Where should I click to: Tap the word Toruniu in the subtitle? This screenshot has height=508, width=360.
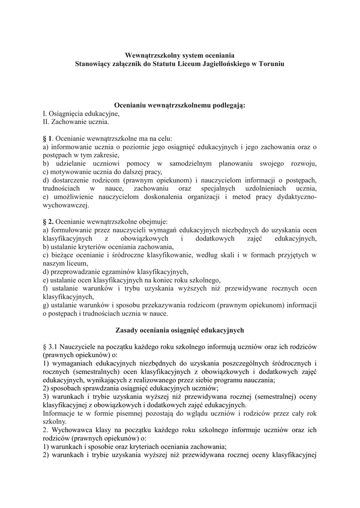tap(271, 64)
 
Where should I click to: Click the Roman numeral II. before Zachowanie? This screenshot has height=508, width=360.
tap(47, 122)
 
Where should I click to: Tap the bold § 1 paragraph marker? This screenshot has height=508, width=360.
tap(48, 138)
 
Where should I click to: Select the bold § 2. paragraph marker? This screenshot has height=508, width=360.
tap(49, 221)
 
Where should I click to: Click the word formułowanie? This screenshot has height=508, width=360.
tap(74, 230)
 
